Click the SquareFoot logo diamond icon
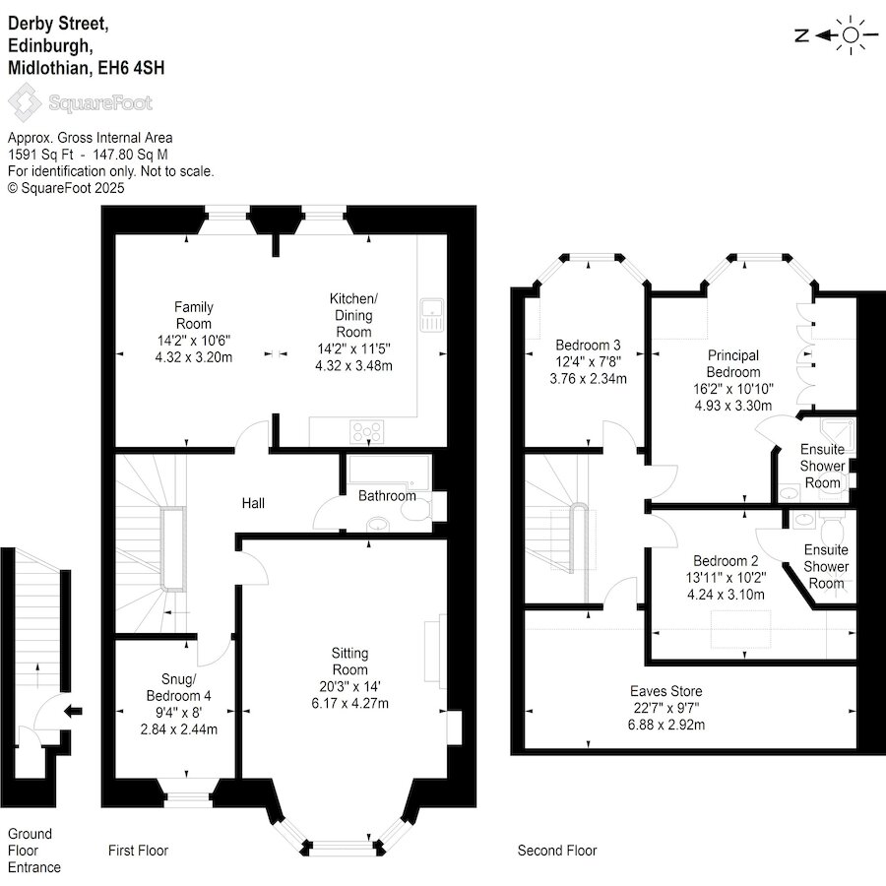(x=25, y=102)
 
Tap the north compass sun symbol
(x=851, y=35)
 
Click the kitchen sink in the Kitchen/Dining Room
(x=432, y=315)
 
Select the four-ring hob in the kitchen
(x=367, y=432)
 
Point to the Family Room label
(x=193, y=315)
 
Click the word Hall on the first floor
(x=253, y=503)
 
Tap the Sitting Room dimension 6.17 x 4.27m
(x=349, y=703)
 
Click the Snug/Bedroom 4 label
(x=178, y=687)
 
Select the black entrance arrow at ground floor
(x=73, y=711)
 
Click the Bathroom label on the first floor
(x=387, y=495)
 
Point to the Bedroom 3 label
(x=588, y=345)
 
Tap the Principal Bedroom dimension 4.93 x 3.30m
(x=732, y=406)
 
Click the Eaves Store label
(x=666, y=690)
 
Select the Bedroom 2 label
(x=726, y=560)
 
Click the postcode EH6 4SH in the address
(x=131, y=68)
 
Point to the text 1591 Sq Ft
(x=40, y=155)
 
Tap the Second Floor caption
(x=557, y=851)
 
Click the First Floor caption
(x=138, y=851)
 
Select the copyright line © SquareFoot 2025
(x=66, y=188)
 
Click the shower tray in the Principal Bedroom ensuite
(x=838, y=434)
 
